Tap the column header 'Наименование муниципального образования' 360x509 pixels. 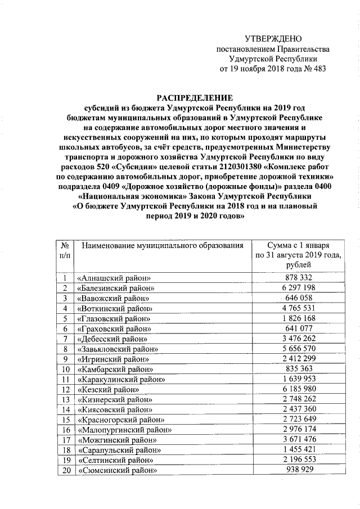coord(163,246)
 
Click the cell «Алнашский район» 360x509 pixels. coord(115,278)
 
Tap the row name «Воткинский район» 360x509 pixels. coord(115,308)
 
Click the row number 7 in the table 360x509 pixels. coord(65,339)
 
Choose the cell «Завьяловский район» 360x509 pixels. coord(119,349)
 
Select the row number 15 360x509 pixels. coord(65,420)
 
